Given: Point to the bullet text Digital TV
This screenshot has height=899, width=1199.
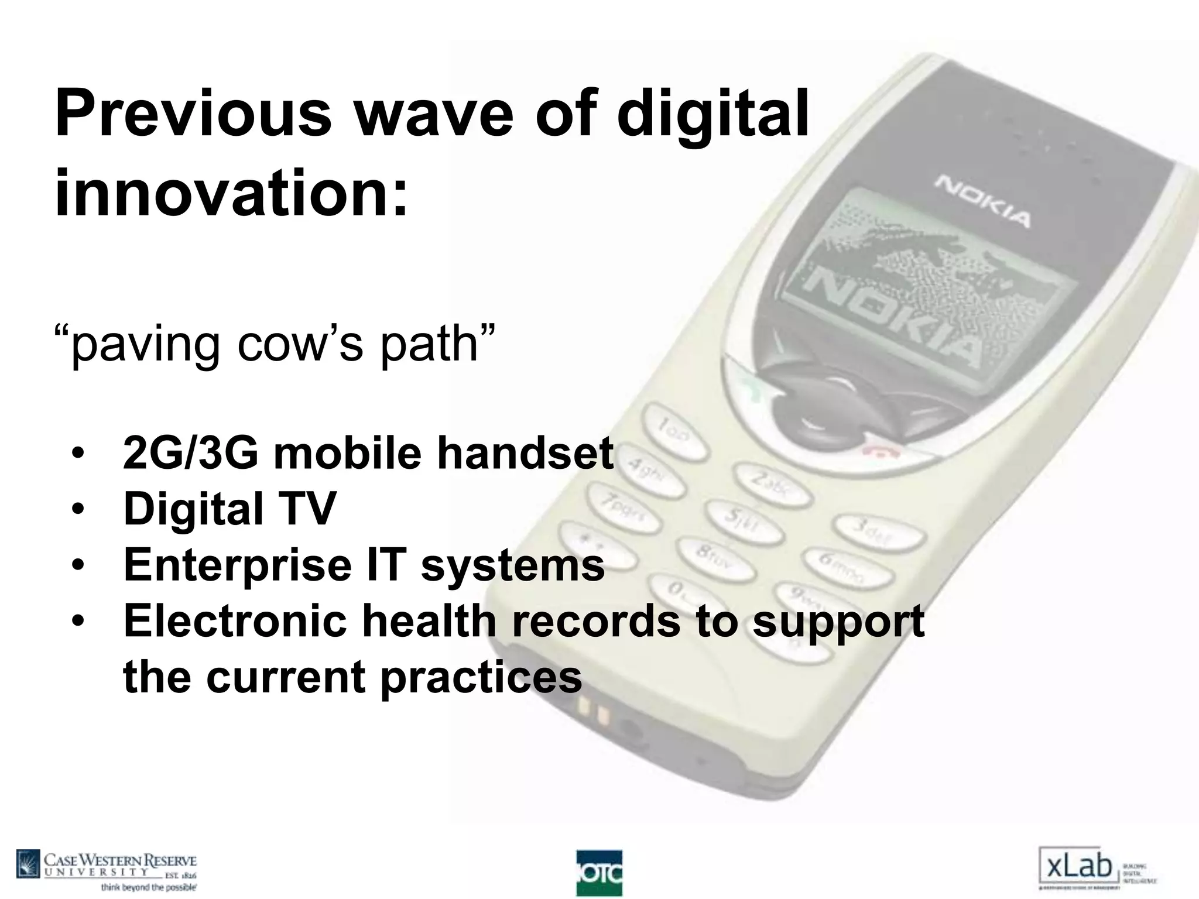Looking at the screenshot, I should point(229,509).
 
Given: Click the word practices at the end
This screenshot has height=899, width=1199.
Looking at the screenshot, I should point(481,677).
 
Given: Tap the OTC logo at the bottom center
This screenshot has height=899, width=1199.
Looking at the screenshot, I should point(599,873).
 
